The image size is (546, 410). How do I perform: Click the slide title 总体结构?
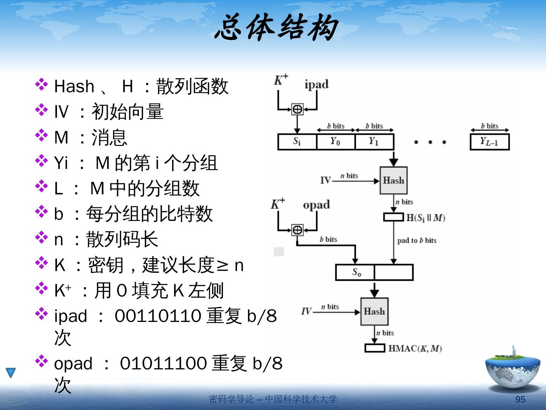pyautogui.click(x=276, y=28)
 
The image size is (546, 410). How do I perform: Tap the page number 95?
pyautogui.click(x=520, y=399)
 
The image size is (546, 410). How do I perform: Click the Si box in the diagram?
pyautogui.click(x=297, y=142)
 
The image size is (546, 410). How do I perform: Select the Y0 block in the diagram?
pyautogui.click(x=335, y=142)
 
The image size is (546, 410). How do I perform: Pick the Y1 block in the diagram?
pyautogui.click(x=374, y=142)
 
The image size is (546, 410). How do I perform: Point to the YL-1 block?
pyautogui.click(x=489, y=142)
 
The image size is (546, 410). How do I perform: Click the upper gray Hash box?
pyautogui.click(x=394, y=180)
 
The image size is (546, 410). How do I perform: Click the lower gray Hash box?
pyautogui.click(x=374, y=312)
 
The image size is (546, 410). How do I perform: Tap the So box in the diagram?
pyautogui.click(x=355, y=272)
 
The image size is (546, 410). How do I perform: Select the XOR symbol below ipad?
pyautogui.click(x=297, y=109)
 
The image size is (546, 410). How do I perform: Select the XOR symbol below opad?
pyautogui.click(x=297, y=230)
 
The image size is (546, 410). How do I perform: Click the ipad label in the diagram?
pyautogui.click(x=316, y=84)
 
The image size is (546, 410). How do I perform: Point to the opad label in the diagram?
pyautogui.click(x=316, y=205)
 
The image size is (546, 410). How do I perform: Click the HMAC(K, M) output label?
pyautogui.click(x=415, y=348)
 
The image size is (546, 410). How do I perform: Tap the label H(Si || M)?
pyautogui.click(x=425, y=218)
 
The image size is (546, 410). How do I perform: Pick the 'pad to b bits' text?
pyautogui.click(x=417, y=240)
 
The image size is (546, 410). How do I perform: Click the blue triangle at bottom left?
pyautogui.click(x=11, y=372)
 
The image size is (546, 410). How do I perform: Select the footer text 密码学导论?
pyautogui.click(x=231, y=399)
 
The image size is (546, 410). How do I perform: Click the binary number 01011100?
pyautogui.click(x=163, y=363)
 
